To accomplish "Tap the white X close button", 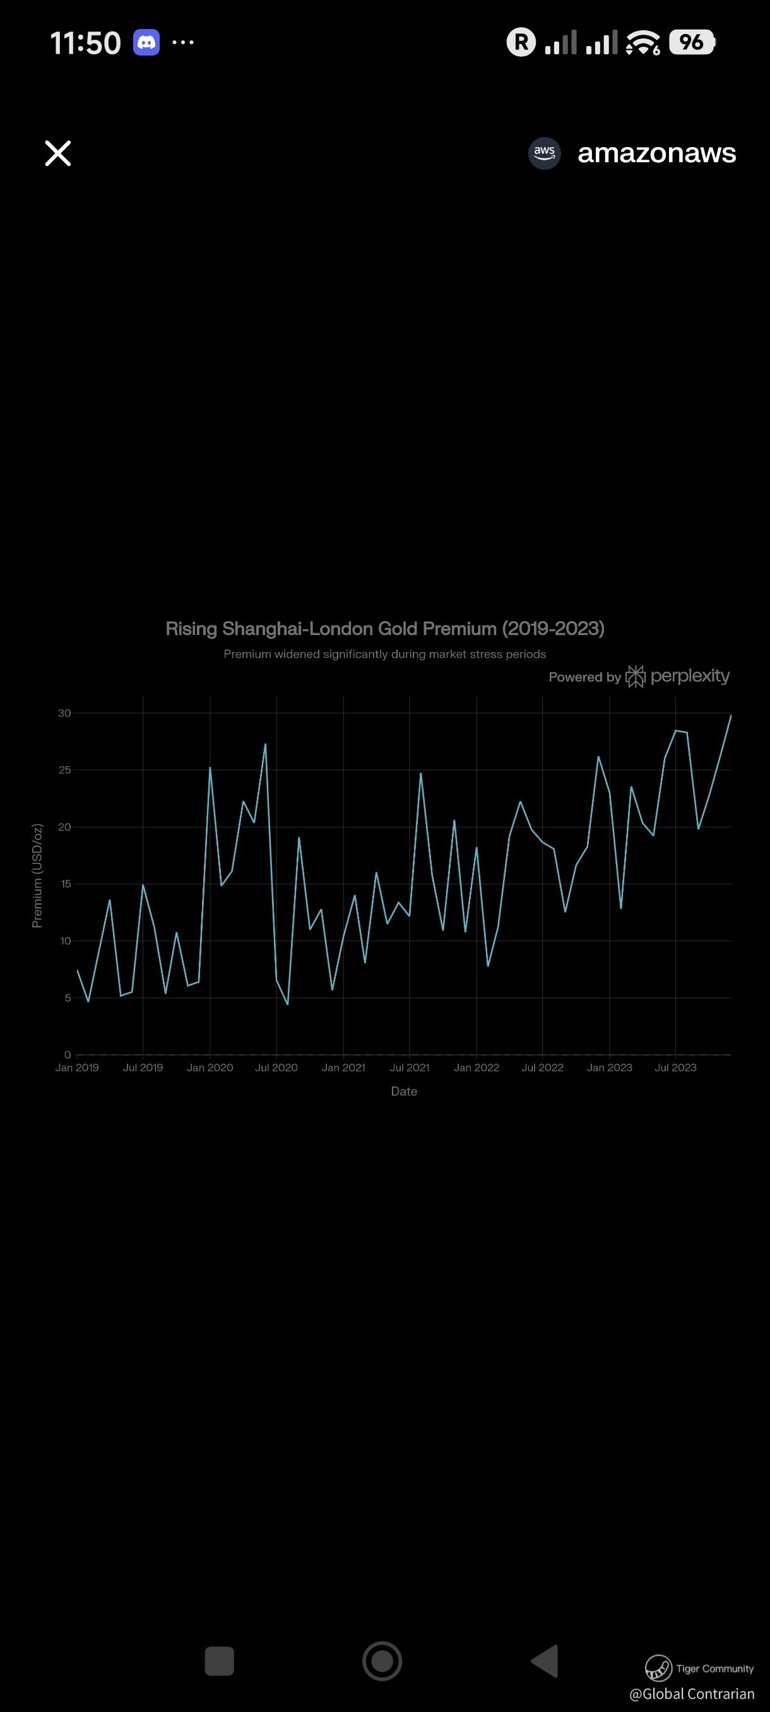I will click(58, 153).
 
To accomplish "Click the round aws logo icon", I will click(544, 153).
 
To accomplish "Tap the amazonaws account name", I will click(656, 153).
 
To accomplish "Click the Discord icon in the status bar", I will click(146, 43).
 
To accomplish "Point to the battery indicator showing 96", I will click(691, 42).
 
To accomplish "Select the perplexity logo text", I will click(690, 676).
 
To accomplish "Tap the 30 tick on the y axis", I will click(64, 713).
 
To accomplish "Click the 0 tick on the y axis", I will click(67, 1055).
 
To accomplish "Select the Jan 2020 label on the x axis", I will click(210, 1068).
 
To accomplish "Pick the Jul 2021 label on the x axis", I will click(409, 1068).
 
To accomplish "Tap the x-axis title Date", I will click(404, 1091).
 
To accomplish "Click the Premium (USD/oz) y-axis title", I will click(37, 876).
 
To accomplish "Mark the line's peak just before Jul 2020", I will click(265, 744).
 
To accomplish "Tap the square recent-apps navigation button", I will click(219, 1661).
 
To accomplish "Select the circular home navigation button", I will click(382, 1661).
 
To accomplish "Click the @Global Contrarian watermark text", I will click(692, 1694).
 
